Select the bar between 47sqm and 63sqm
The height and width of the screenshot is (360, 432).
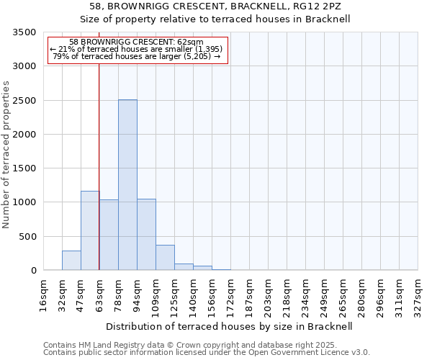tap(90, 230)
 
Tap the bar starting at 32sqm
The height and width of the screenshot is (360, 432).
tap(71, 260)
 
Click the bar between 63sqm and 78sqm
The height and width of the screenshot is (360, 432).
tap(109, 235)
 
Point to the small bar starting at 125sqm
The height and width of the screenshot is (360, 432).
tap(184, 266)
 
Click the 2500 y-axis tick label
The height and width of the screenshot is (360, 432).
tap(24, 101)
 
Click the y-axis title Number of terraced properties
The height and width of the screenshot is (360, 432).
tap(6, 155)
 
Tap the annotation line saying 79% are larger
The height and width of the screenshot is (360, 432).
tap(137, 56)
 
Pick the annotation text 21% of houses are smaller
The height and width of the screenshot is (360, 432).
tap(137, 49)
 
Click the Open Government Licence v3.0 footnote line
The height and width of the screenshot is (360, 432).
tap(207, 353)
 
